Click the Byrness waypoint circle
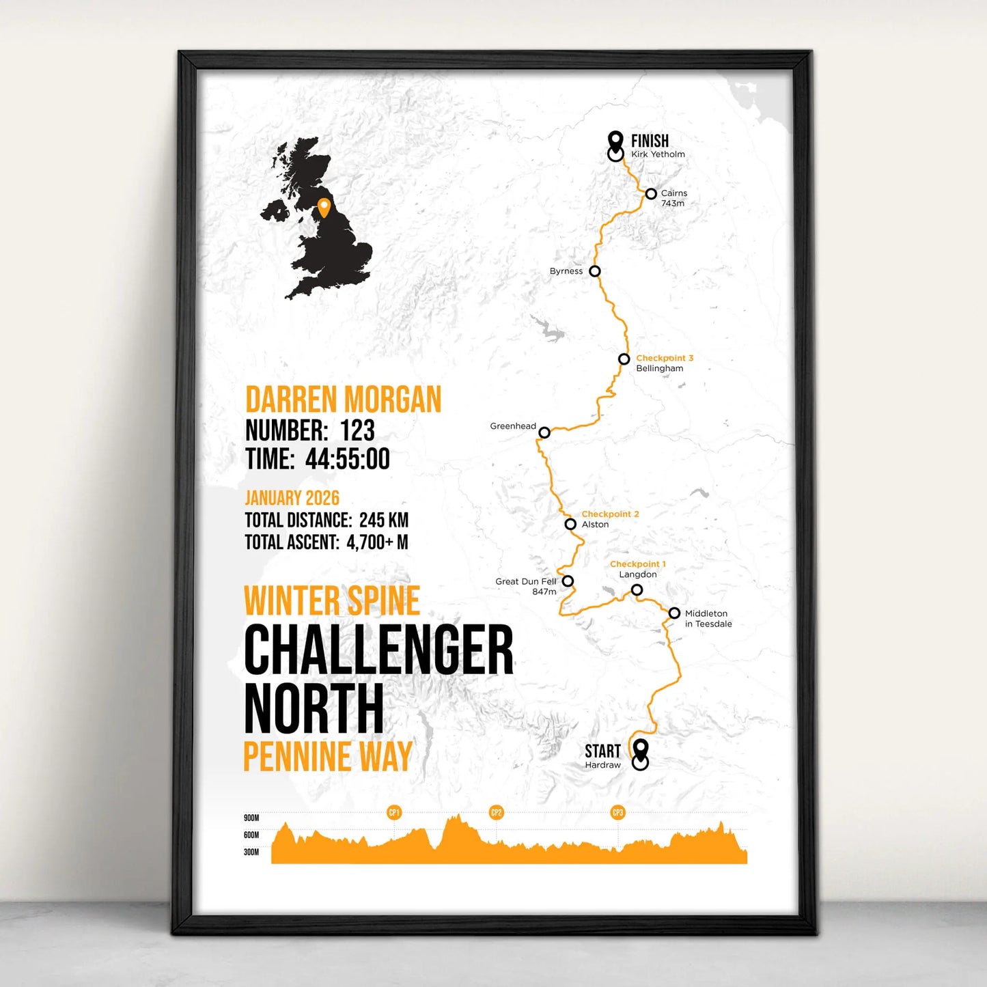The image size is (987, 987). (x=595, y=271)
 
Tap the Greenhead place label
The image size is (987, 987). (x=513, y=426)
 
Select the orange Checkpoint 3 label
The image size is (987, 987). (x=665, y=358)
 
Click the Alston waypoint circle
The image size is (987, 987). (x=570, y=525)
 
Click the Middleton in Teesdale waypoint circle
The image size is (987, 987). (x=674, y=613)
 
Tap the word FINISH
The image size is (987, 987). (x=650, y=141)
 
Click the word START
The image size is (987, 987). (x=602, y=751)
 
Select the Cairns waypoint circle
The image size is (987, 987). (x=651, y=194)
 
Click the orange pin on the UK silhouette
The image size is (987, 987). (x=324, y=207)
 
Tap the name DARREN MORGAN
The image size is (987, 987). (x=343, y=400)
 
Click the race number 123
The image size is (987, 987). (x=357, y=430)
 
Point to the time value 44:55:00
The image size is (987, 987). (x=347, y=459)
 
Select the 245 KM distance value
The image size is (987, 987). (x=384, y=520)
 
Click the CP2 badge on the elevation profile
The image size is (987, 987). (x=496, y=813)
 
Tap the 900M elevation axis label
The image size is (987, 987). (x=251, y=818)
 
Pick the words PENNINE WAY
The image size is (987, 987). (x=328, y=757)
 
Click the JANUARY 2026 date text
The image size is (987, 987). (x=292, y=498)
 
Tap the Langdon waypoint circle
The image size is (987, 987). (x=637, y=590)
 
